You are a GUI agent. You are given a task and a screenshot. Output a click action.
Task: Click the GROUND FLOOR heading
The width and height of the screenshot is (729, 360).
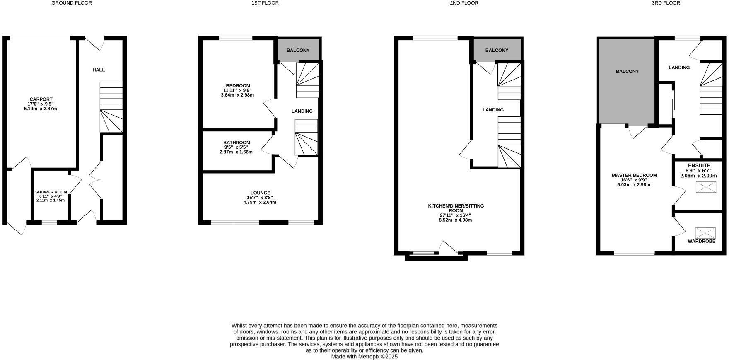(72, 3)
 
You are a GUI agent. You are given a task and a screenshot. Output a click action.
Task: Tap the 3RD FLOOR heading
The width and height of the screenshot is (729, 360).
(666, 3)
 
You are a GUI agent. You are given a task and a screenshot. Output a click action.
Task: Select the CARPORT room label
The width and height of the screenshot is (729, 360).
(40, 99)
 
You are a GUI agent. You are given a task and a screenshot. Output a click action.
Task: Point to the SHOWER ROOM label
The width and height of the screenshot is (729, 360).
(51, 192)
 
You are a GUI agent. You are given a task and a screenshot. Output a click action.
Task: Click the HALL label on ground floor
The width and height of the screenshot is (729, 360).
(99, 70)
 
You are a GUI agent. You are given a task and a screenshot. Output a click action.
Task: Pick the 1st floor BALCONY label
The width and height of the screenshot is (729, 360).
(298, 51)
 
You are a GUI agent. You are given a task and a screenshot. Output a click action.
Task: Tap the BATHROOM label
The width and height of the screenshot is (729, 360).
(237, 143)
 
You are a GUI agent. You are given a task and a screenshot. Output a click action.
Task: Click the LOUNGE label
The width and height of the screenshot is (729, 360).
(260, 193)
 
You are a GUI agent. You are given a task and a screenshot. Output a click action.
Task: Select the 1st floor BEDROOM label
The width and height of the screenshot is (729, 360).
(238, 86)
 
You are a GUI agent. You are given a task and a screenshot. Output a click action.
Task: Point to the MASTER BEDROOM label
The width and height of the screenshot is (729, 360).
(634, 175)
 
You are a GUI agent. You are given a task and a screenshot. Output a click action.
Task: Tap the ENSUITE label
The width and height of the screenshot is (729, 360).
(699, 166)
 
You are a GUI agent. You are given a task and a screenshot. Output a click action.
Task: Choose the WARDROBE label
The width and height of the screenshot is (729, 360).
(701, 241)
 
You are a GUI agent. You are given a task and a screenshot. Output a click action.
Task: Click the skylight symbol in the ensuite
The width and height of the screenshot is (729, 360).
(705, 187)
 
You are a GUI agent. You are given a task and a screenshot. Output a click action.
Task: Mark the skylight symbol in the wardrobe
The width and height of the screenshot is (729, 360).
(705, 232)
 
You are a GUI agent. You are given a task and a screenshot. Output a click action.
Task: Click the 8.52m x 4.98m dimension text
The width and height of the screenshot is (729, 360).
(455, 220)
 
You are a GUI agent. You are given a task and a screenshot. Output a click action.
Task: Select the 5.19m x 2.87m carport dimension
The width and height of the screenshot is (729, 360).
(40, 109)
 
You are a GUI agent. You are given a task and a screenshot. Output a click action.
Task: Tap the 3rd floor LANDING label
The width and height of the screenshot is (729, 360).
(679, 68)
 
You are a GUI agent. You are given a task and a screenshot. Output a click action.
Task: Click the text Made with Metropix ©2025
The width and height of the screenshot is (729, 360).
(364, 356)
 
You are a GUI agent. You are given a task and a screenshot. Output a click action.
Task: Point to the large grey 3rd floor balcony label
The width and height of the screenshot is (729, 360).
(627, 72)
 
